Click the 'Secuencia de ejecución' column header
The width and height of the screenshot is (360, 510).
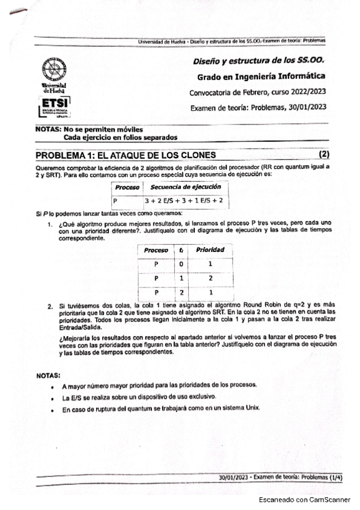(x=177, y=187)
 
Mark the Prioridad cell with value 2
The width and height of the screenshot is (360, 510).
(x=210, y=278)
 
